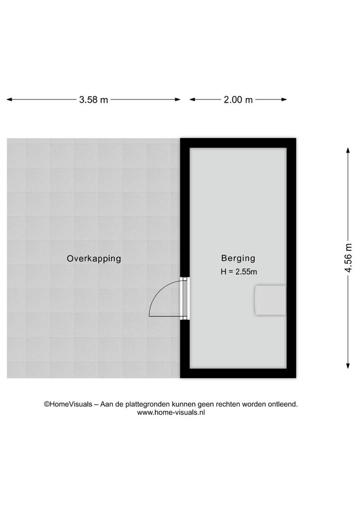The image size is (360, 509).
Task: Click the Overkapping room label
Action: click(94, 259)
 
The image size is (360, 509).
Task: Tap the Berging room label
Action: click(238, 258)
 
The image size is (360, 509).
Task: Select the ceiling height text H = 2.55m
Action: click(238, 272)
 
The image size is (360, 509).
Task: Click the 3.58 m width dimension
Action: click(93, 99)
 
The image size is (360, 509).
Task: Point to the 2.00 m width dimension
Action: click(238, 99)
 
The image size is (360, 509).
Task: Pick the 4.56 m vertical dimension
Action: click(348, 258)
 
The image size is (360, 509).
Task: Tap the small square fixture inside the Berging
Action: click(270, 300)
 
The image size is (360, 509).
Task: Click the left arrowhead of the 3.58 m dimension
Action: click(9, 99)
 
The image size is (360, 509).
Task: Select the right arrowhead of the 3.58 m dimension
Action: click(178, 99)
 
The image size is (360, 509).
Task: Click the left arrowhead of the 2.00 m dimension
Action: click(192, 99)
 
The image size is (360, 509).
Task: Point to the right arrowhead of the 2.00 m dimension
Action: click(284, 99)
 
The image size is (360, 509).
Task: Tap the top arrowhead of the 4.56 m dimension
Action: click(348, 150)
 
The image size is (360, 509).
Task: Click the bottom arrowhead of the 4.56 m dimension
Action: click(348, 366)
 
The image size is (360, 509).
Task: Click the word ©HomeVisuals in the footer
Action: click(68, 404)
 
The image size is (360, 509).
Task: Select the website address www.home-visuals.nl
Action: click(171, 412)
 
